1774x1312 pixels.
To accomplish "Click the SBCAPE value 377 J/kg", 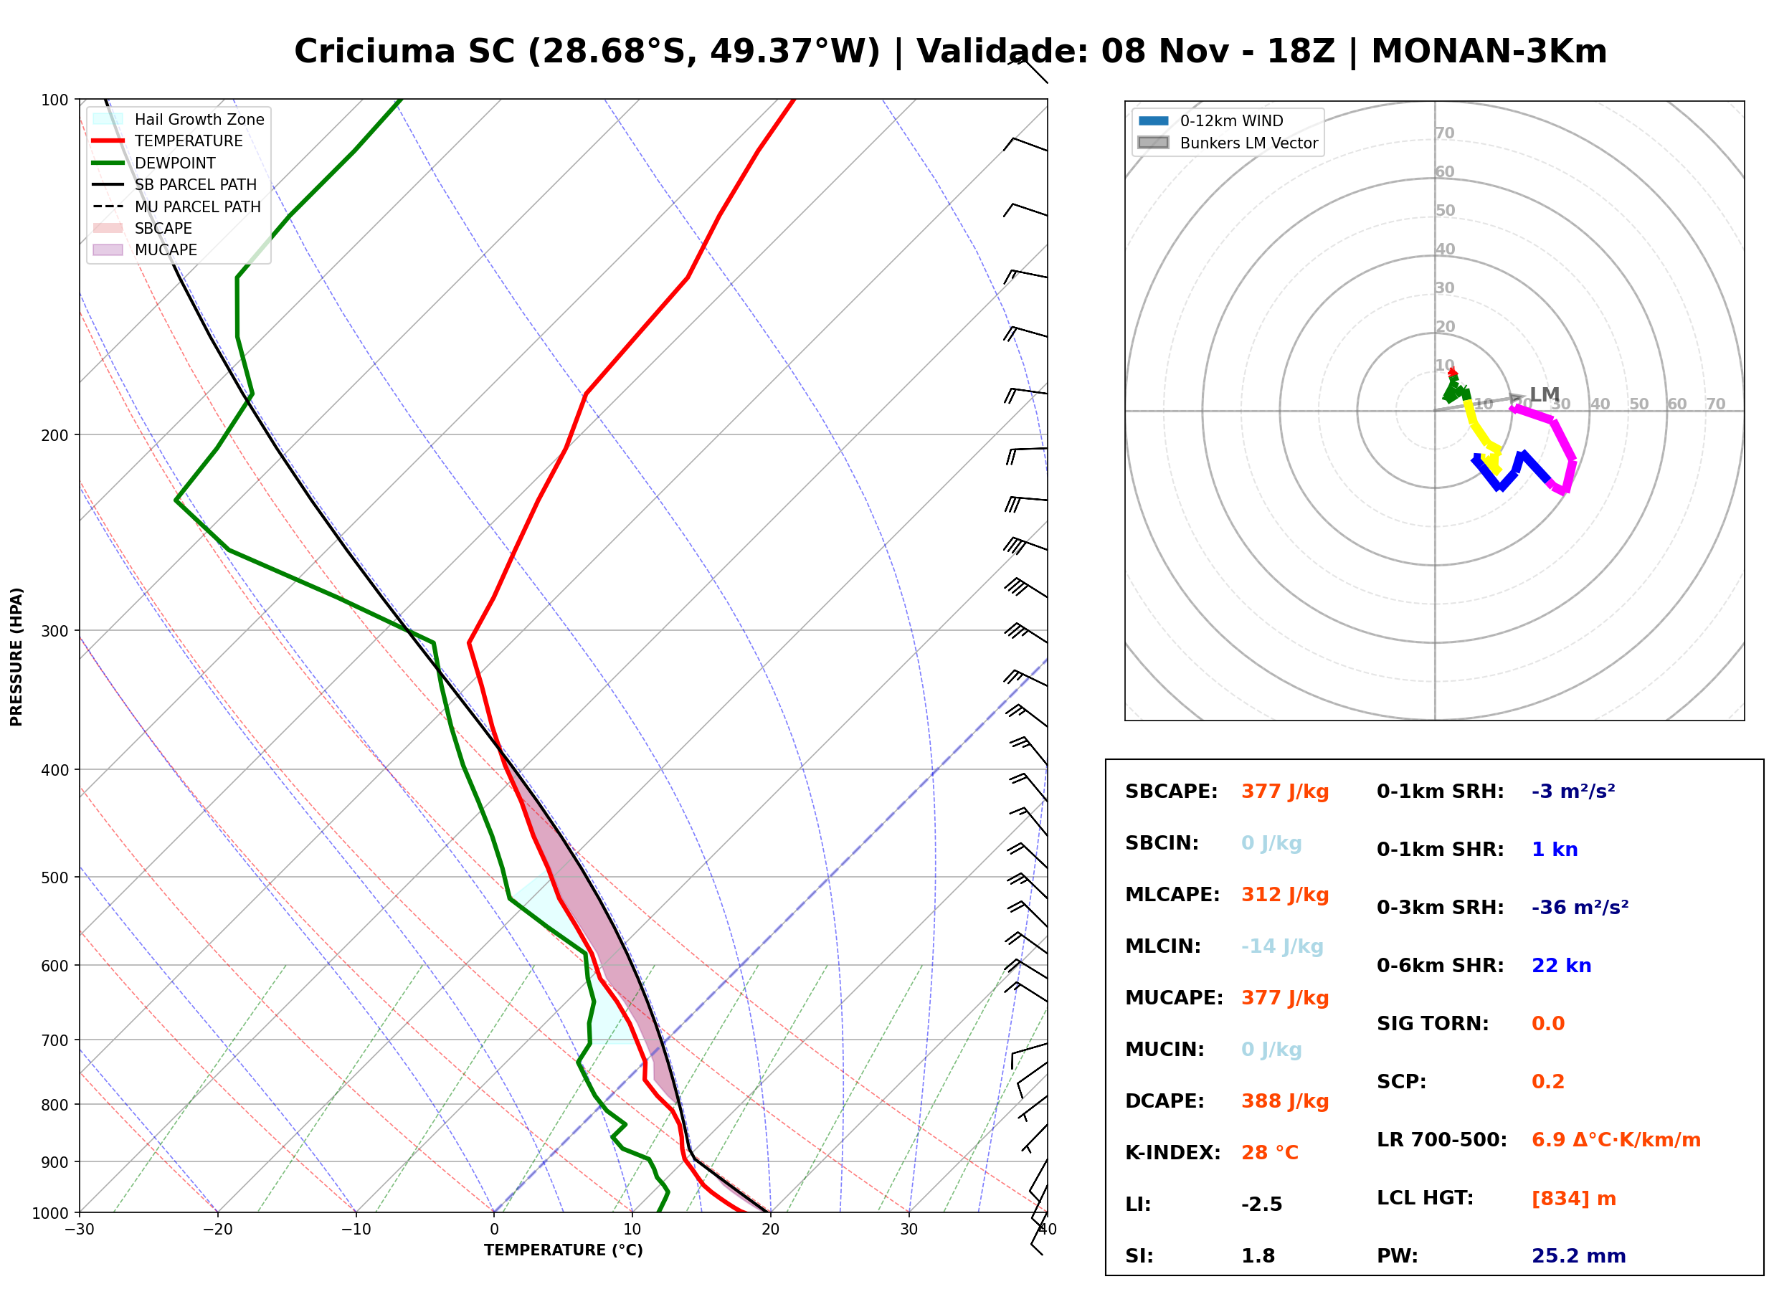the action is click(1285, 792).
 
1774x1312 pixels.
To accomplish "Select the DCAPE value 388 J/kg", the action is click(1285, 1101).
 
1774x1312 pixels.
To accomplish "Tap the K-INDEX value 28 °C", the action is click(1270, 1153).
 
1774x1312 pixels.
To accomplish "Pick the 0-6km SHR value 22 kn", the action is click(1561, 966).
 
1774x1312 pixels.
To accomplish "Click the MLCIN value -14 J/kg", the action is click(1283, 946).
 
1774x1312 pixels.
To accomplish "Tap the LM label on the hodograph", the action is click(1545, 395).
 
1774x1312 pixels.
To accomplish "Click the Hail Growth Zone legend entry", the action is click(179, 119).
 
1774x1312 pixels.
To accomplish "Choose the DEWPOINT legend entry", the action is click(154, 163).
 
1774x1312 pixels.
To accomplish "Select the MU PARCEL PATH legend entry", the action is click(176, 206).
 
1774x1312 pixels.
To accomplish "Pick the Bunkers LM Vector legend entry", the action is click(1228, 143).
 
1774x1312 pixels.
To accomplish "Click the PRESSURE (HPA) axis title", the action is click(16, 656).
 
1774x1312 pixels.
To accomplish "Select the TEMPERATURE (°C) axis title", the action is click(563, 1250).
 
